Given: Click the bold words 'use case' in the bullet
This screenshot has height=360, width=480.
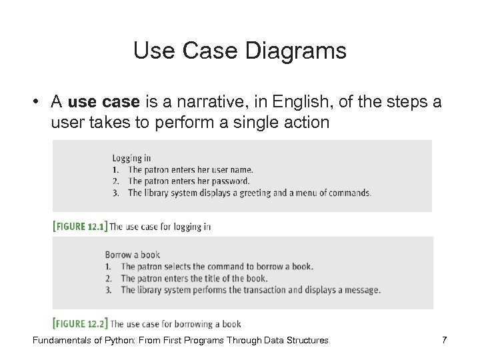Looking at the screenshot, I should [103, 101].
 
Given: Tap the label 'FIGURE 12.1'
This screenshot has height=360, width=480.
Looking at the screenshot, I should [79, 227].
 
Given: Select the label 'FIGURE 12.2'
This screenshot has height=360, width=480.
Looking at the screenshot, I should [79, 324].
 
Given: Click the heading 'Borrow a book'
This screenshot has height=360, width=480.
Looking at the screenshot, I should [132, 255].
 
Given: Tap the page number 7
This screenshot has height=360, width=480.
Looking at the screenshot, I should [444, 341].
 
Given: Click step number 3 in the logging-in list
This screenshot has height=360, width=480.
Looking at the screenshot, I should [116, 193].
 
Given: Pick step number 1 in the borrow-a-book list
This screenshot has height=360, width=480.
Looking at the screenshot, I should [108, 267].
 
